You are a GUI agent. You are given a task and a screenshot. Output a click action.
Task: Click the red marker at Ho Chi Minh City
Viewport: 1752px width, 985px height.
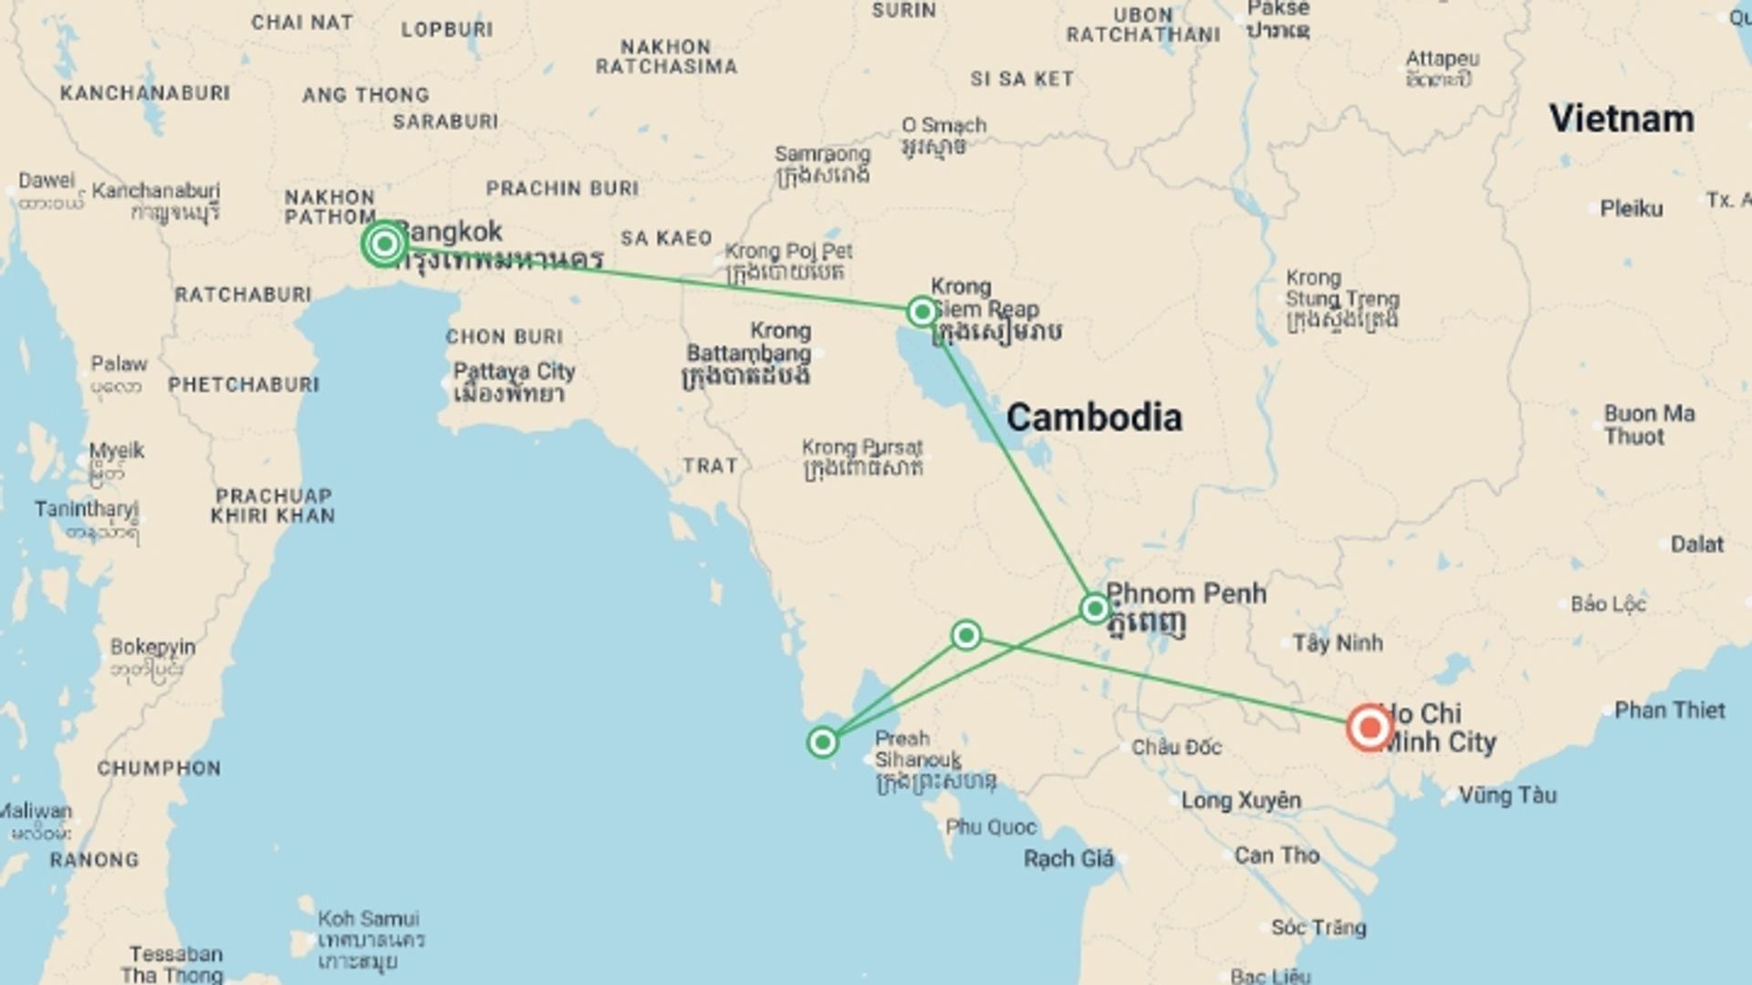[x=1370, y=728]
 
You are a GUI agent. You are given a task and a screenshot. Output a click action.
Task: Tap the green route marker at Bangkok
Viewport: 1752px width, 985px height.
[x=384, y=244]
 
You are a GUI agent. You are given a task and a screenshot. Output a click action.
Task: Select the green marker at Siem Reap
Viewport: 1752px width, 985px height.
[x=922, y=312]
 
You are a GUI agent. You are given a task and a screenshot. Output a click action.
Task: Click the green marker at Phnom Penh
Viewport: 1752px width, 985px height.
[x=1094, y=608]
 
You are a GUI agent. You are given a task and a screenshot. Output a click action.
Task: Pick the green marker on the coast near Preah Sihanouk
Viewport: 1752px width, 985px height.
[x=822, y=742]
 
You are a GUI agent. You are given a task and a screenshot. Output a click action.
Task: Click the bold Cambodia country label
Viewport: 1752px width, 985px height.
[x=1094, y=418]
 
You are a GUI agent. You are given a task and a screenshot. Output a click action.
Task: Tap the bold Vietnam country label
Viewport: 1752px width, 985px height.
[x=1621, y=119]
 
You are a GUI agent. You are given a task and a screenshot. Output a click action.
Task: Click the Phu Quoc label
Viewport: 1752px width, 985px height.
[x=990, y=827]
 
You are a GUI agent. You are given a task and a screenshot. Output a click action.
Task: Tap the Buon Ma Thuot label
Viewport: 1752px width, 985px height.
[x=1649, y=425]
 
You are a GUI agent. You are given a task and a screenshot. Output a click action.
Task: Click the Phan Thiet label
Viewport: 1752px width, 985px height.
[x=1669, y=710]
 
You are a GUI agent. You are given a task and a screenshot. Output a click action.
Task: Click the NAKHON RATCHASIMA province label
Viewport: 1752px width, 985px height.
[x=666, y=57]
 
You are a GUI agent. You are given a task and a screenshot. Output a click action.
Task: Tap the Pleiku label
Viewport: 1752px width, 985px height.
[x=1631, y=209]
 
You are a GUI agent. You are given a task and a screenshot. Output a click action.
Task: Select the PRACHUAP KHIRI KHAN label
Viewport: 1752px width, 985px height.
[x=273, y=506]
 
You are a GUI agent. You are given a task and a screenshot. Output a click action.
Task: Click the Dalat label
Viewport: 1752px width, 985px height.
[x=1696, y=544]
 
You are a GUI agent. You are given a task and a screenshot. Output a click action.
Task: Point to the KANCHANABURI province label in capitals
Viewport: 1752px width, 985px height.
[x=145, y=93]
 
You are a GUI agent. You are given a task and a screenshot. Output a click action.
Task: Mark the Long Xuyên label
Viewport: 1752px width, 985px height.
[x=1241, y=801]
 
